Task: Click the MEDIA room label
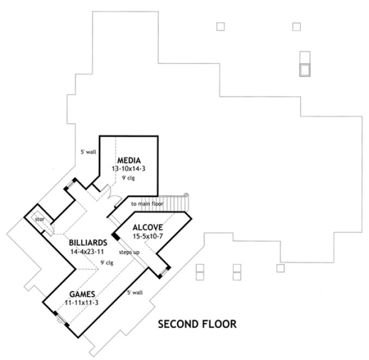(131, 160)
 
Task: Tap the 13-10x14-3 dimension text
(129, 169)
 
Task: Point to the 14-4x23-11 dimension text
(88, 252)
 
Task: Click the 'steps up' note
(128, 252)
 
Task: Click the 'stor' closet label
(40, 220)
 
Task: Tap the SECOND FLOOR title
(197, 325)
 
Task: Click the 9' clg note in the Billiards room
(106, 263)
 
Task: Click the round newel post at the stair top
(186, 195)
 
